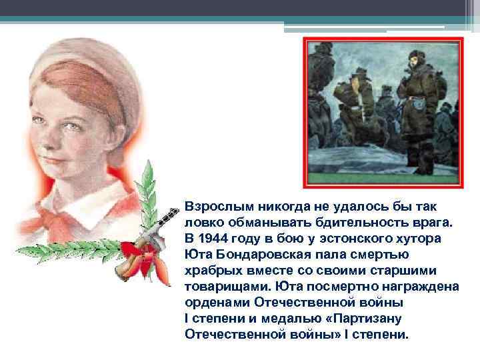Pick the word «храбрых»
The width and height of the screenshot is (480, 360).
(x=212, y=270)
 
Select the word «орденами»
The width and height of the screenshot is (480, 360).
(x=215, y=302)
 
